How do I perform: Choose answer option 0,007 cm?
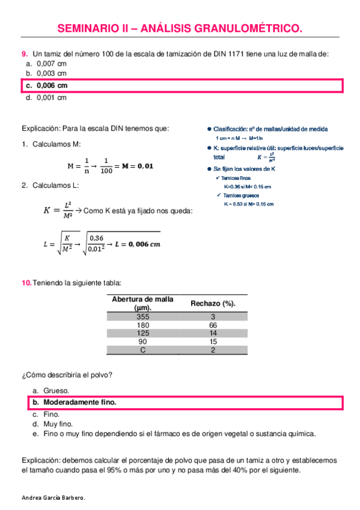coord(51,63)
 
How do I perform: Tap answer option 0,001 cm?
coord(51,98)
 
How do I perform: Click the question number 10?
coord(26,283)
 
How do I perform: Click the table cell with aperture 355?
coord(142,316)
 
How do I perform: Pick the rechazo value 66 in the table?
coord(213,325)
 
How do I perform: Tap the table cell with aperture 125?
coord(142,333)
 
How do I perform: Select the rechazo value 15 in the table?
coord(213,342)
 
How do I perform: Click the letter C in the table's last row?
coord(142,350)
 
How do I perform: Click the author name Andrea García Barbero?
coord(53,497)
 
